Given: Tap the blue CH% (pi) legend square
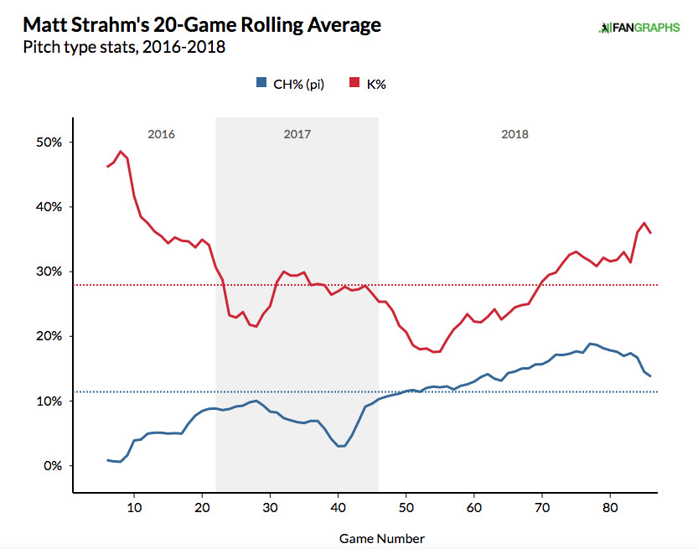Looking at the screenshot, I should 261,83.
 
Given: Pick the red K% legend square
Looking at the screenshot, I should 354,83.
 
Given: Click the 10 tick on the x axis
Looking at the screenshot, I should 134,508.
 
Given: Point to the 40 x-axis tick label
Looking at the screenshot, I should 338,508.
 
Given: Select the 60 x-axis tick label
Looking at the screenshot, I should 473,508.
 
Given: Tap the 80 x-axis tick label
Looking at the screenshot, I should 610,508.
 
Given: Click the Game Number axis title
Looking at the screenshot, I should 382,538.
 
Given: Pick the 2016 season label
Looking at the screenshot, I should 161,134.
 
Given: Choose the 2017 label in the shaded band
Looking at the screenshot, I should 297,134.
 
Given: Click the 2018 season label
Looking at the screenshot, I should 515,134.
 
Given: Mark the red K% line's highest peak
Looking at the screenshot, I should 121,152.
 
